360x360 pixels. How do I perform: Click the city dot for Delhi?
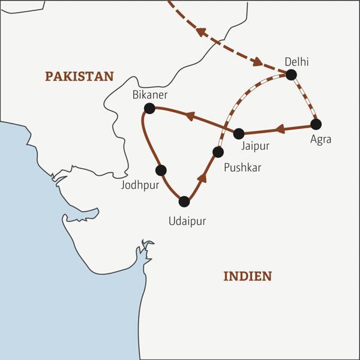click(291, 75)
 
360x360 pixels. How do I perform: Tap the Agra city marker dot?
click(316, 124)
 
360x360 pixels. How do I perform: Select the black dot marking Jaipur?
click(239, 133)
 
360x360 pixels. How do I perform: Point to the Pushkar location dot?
click(218, 152)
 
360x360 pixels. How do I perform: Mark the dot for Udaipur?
click(184, 202)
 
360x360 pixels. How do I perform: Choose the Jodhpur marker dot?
click(161, 170)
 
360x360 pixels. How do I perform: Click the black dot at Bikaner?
click(149, 108)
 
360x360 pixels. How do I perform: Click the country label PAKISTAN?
click(79, 76)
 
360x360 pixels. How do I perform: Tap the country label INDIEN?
click(247, 276)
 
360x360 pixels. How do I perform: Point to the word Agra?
click(321, 139)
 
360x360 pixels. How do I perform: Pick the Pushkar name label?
click(242, 167)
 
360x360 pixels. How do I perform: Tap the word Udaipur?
click(187, 221)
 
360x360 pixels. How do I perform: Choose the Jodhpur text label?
click(140, 185)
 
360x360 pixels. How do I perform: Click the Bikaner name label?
click(149, 95)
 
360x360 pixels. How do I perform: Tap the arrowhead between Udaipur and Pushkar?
click(203, 176)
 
